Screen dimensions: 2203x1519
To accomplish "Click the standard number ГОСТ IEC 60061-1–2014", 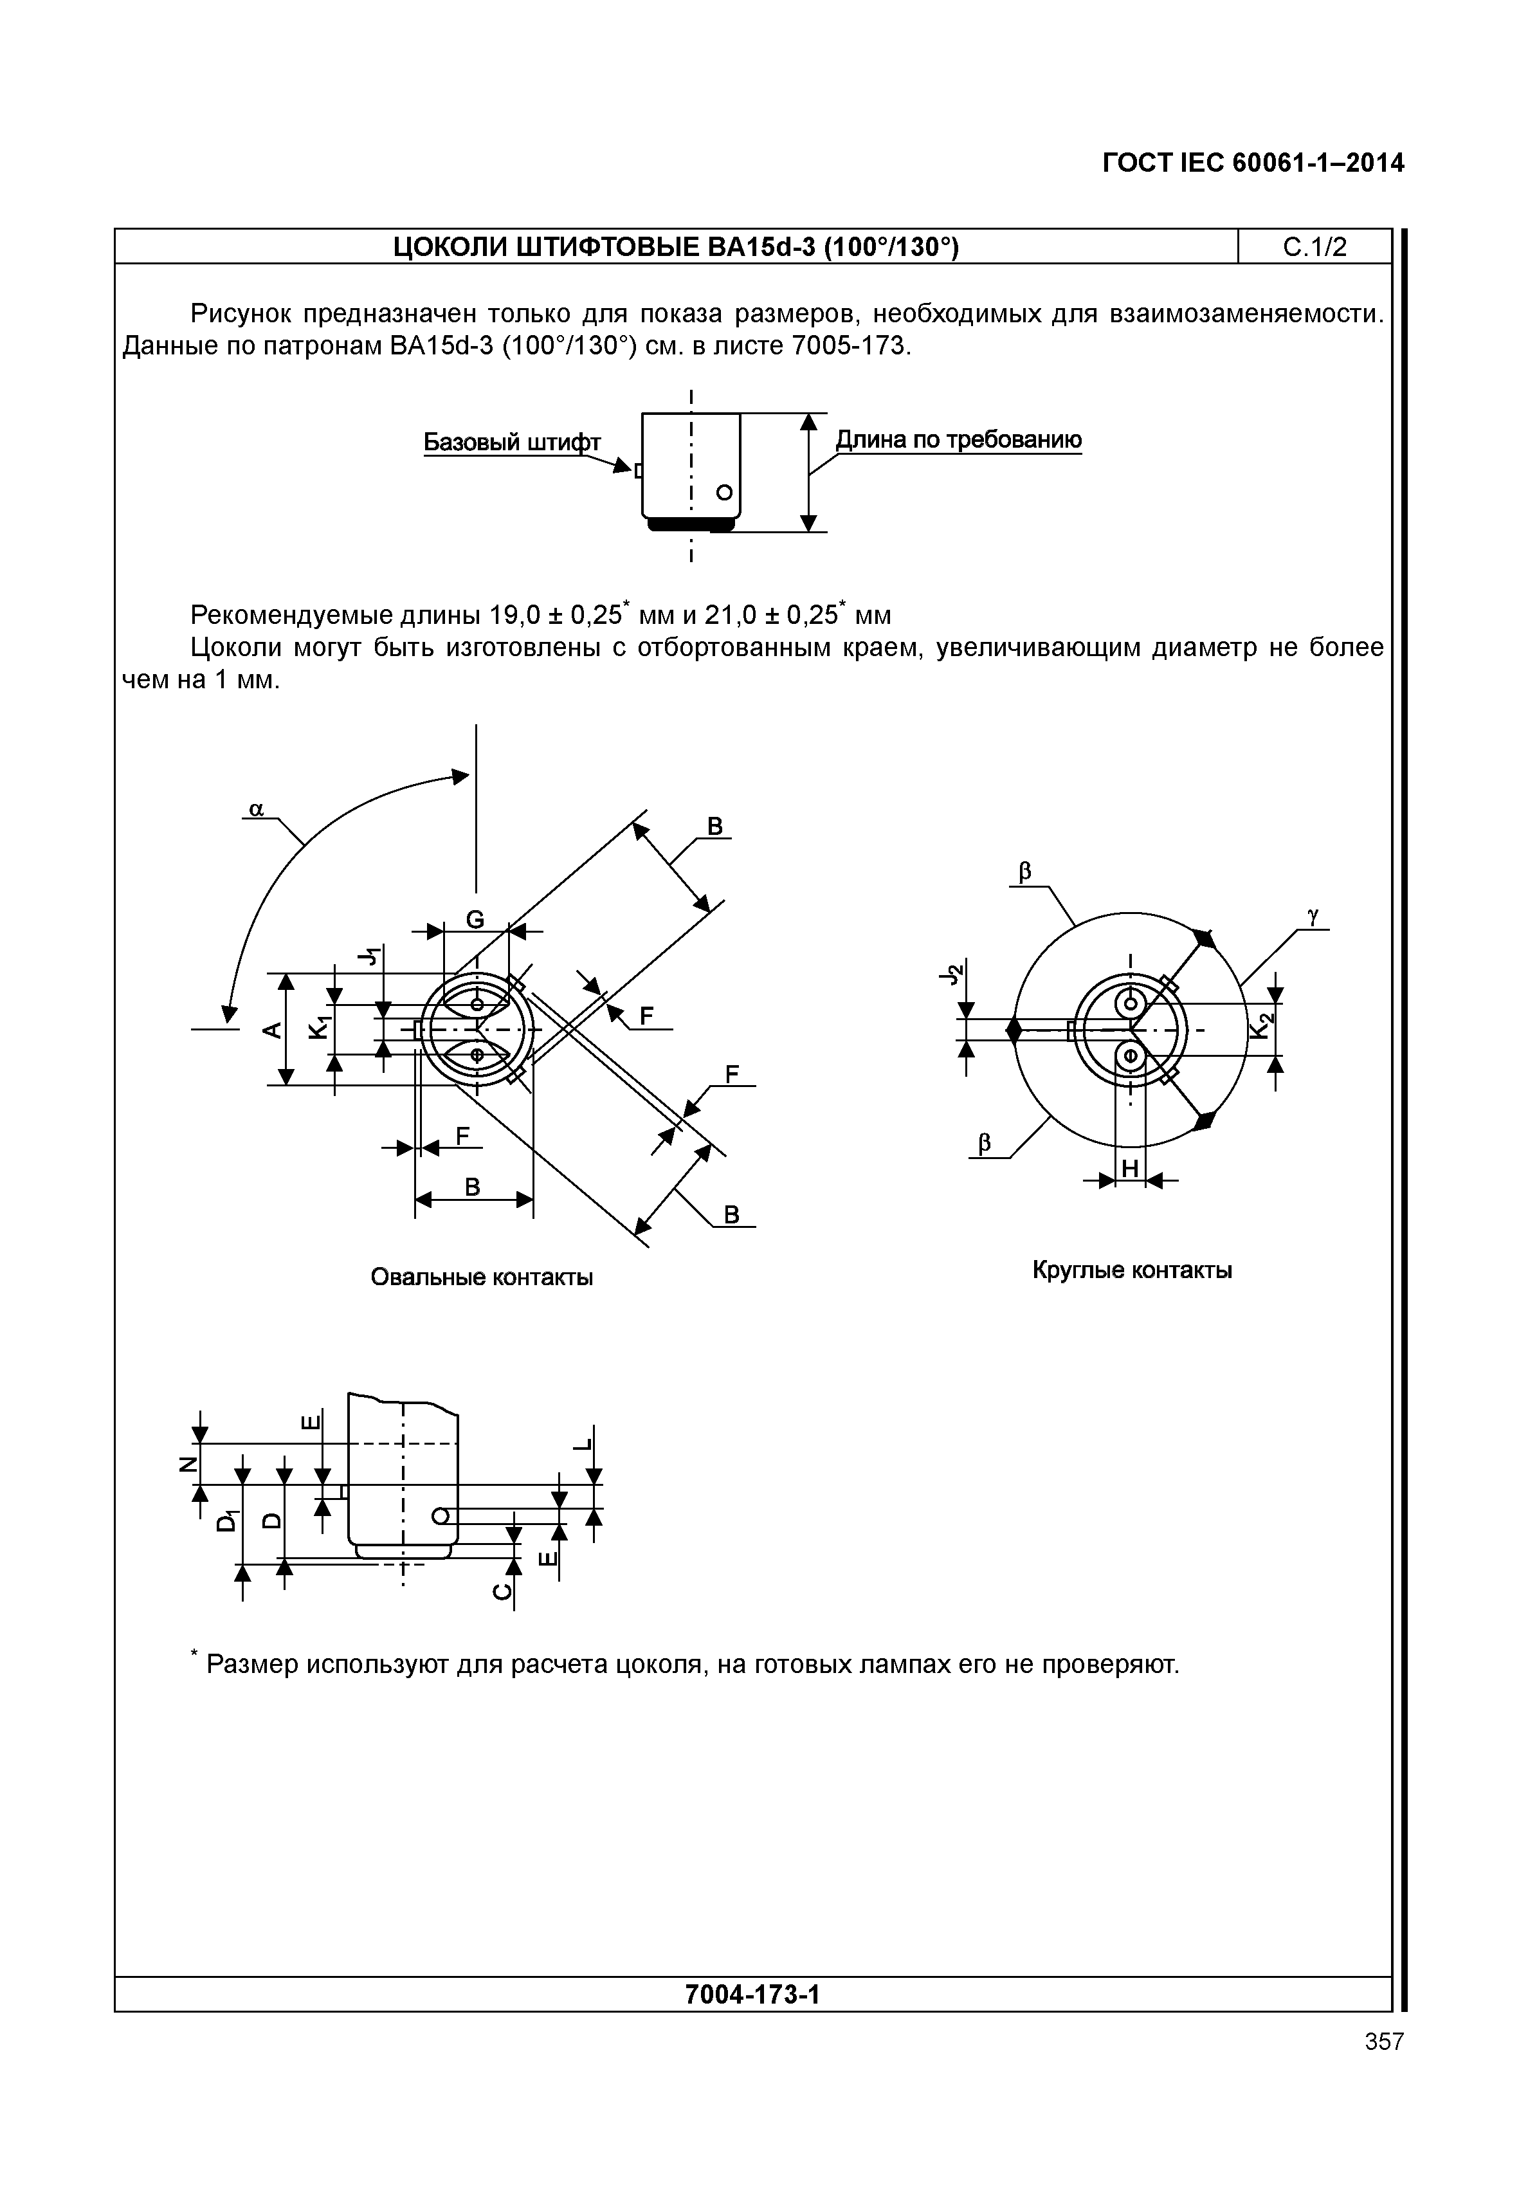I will click(1253, 164).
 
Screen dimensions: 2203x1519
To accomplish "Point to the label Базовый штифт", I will click(512, 443).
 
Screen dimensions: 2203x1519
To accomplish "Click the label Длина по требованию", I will click(958, 440).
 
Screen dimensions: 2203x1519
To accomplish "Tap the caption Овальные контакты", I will click(482, 1277).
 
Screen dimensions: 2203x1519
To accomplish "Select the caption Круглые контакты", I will click(1132, 1270).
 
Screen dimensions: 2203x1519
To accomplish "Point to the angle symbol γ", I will click(1313, 916).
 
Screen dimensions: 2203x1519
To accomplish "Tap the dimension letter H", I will click(1131, 1168).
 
